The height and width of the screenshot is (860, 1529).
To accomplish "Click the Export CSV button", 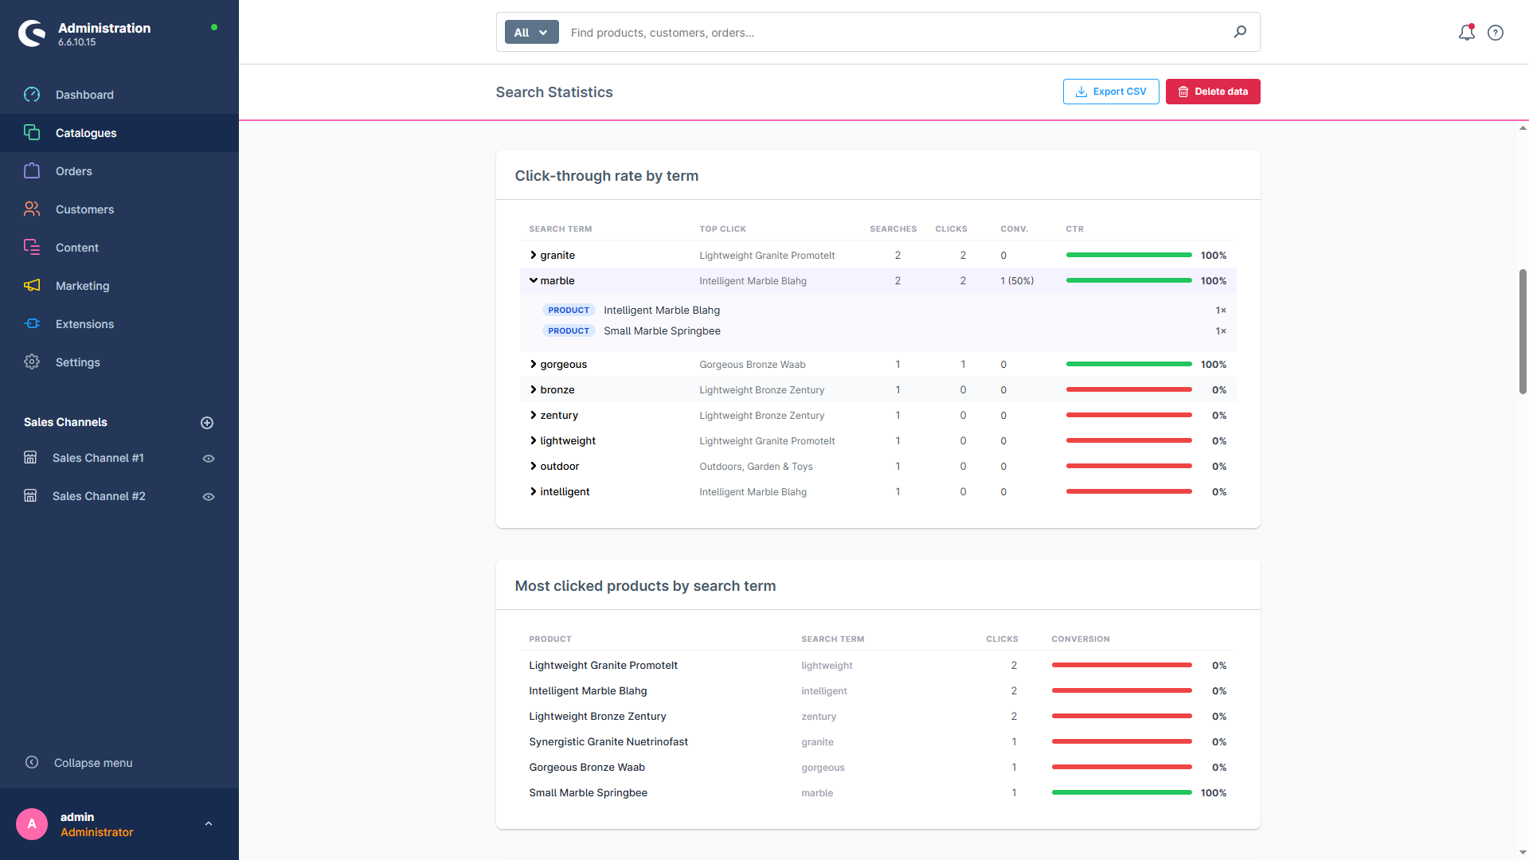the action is coord(1111,92).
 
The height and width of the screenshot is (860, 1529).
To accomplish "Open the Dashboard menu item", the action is coord(84,95).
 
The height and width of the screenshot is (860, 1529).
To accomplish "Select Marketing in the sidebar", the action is coord(82,286).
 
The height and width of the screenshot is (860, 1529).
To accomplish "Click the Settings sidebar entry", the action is coord(77,362).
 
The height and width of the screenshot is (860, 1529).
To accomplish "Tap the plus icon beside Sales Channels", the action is coord(207,423).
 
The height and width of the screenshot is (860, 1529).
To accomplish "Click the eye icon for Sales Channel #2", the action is coord(209,497).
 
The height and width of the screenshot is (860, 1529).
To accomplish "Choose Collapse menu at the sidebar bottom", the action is coord(92,763).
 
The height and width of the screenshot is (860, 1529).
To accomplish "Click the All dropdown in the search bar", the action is coord(531,33).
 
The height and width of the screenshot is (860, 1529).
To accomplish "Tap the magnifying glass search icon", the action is coord(1240,32).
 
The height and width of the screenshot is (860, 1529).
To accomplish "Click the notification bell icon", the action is coord(1466,33).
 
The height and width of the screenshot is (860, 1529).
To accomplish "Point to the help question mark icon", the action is coord(1496,33).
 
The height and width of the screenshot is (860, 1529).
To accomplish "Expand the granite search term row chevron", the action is coord(534,256).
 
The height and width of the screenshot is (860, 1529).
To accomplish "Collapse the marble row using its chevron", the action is coord(534,281).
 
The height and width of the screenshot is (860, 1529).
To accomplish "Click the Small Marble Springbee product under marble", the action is coord(662,331).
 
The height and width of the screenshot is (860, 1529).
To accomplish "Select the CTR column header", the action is coord(1074,229).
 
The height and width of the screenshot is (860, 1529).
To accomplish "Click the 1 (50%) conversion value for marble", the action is coord(1017,281).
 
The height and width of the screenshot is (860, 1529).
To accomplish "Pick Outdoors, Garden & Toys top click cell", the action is coord(756,467).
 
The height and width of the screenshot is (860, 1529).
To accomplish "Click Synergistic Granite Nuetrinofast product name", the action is coord(608,742).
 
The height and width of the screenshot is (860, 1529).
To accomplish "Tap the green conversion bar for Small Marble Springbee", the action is coord(1121,792).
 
